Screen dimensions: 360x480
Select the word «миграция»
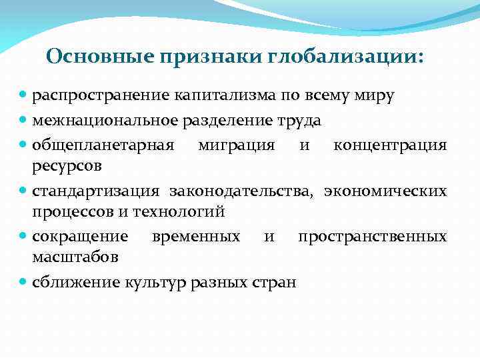pos(236,145)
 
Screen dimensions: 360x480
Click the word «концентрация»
pos(390,145)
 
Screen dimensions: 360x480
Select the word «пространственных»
pos(372,237)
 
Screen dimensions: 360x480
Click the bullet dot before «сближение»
pos(24,282)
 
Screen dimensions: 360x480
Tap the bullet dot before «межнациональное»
pos(24,120)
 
